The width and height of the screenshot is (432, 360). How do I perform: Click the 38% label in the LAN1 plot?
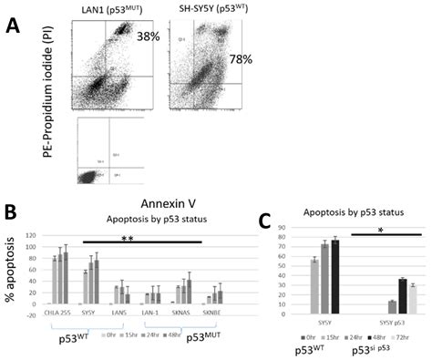coord(148,39)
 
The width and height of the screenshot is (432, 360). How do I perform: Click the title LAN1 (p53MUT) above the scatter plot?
coord(103,7)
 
